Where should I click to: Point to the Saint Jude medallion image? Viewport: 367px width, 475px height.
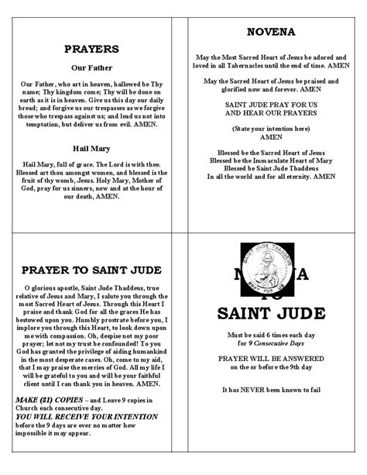click(x=275, y=274)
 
